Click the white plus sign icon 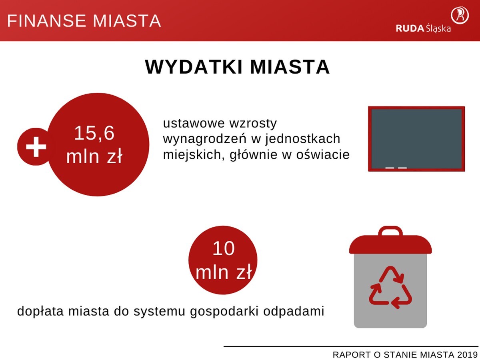(x=36, y=146)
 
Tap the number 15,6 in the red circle (x=94, y=133)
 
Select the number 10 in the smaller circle (x=223, y=249)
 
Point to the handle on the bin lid (x=390, y=231)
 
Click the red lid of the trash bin (x=390, y=244)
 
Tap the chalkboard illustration (x=416, y=138)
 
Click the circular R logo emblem (x=460, y=15)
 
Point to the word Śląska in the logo (x=438, y=28)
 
